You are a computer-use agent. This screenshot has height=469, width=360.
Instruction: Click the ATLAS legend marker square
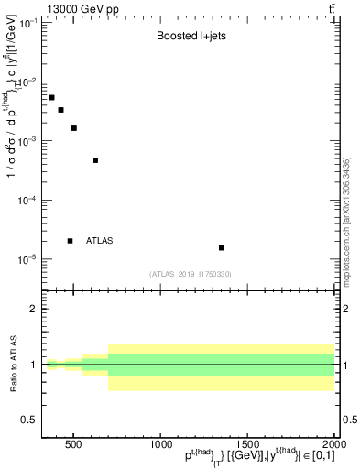tap(71, 241)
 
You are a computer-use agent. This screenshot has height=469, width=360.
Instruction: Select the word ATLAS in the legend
tap(99, 241)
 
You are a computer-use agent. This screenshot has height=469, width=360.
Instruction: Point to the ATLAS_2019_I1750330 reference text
tap(191, 274)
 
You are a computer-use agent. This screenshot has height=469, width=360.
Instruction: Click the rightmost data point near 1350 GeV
tap(222, 247)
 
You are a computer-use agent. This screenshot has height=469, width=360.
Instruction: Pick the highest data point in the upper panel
tap(51, 97)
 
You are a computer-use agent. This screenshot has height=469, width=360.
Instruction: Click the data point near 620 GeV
tap(95, 160)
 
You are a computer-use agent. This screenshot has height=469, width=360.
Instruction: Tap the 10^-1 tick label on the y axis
tap(27, 23)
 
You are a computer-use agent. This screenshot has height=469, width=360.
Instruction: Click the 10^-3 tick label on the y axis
tap(27, 141)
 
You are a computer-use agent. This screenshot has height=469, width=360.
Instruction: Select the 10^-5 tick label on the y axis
tap(27, 259)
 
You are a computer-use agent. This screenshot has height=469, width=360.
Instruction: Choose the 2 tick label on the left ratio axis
tap(33, 309)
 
